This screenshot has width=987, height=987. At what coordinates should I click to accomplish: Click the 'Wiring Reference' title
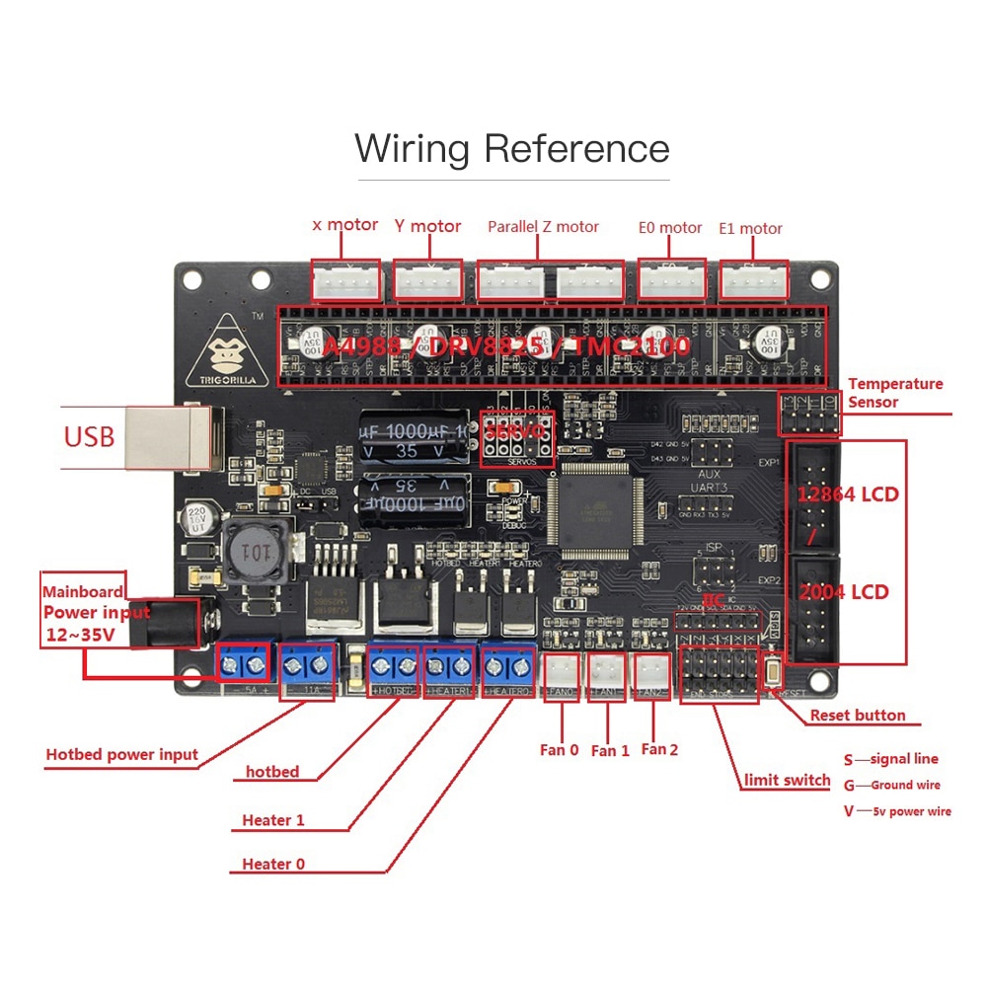tap(512, 149)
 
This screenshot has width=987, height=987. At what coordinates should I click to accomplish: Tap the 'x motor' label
tap(344, 225)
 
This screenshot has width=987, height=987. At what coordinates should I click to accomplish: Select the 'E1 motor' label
tap(750, 228)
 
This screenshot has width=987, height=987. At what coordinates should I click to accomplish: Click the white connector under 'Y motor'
tap(428, 280)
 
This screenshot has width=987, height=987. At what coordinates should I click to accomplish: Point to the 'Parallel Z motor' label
tap(543, 227)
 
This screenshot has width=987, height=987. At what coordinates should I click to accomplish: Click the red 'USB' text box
tap(90, 435)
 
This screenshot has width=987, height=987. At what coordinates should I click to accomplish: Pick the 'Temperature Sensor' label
tap(894, 393)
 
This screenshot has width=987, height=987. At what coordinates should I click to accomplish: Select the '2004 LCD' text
tap(844, 591)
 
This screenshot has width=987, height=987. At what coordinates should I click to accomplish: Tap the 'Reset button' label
tap(857, 716)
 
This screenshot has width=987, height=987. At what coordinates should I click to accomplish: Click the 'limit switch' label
tap(787, 780)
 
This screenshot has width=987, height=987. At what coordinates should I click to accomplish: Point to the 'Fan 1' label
tap(610, 751)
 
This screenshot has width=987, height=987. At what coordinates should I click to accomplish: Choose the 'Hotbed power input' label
tap(121, 755)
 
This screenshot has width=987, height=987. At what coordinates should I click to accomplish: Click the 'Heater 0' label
tap(273, 864)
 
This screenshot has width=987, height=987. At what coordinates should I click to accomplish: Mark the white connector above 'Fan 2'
tap(651, 671)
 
